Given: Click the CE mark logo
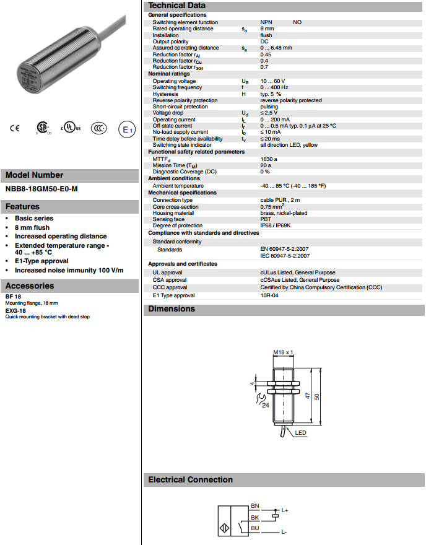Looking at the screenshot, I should (x=15, y=129).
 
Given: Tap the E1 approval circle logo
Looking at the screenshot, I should (x=127, y=129).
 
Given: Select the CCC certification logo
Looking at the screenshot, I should (x=98, y=129).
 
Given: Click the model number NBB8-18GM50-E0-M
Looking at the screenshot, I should (x=42, y=189).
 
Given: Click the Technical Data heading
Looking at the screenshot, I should (x=177, y=6).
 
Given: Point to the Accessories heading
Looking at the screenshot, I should (x=30, y=286).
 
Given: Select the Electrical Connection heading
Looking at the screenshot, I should (x=191, y=480).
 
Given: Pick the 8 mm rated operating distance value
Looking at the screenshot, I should (x=267, y=28).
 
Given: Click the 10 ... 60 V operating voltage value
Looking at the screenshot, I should (x=272, y=81).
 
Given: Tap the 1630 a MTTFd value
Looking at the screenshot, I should (x=269, y=159).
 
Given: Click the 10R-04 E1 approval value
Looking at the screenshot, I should (x=269, y=295).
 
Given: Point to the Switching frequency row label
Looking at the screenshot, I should (x=176, y=87).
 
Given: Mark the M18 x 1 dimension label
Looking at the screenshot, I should (x=282, y=352).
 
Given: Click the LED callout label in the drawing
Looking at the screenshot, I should (x=301, y=432).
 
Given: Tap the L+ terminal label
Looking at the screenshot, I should (x=285, y=510).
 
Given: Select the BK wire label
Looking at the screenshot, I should (x=254, y=517).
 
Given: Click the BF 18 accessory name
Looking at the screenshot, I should (x=13, y=297).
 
